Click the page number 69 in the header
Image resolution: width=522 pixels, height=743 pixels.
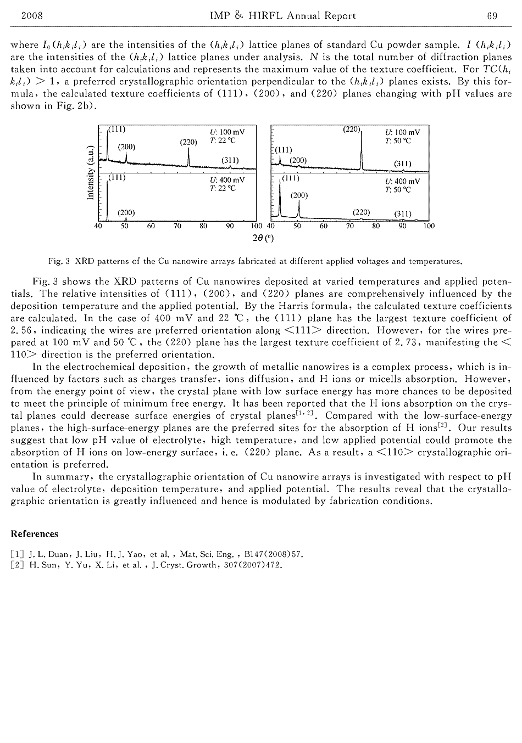(x=492, y=16)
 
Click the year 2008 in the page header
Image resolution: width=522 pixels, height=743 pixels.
(x=31, y=16)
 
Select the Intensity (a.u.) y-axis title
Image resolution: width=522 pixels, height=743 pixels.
(x=90, y=172)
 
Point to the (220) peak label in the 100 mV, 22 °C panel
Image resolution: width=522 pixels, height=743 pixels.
(x=188, y=142)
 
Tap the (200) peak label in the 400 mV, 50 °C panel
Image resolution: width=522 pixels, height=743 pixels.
(x=299, y=195)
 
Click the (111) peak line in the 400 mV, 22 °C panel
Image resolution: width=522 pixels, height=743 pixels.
(x=107, y=198)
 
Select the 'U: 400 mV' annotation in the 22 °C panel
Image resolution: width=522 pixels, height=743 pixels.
(x=227, y=179)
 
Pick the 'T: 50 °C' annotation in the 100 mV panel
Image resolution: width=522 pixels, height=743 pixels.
(x=398, y=141)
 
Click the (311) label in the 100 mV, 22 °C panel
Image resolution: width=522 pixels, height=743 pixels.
(x=230, y=160)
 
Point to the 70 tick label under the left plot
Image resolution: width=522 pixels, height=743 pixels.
(x=177, y=226)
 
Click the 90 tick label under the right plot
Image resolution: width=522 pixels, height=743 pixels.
(x=402, y=226)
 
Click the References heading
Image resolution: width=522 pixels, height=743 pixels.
(x=34, y=534)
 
